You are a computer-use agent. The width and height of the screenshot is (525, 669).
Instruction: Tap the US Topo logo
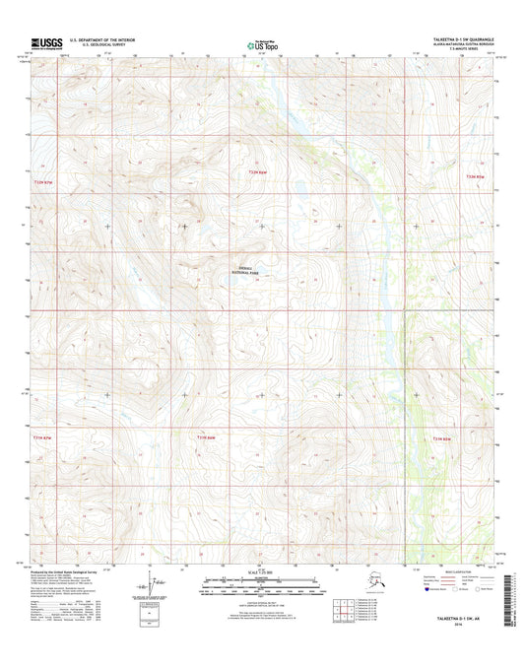point(261,44)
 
